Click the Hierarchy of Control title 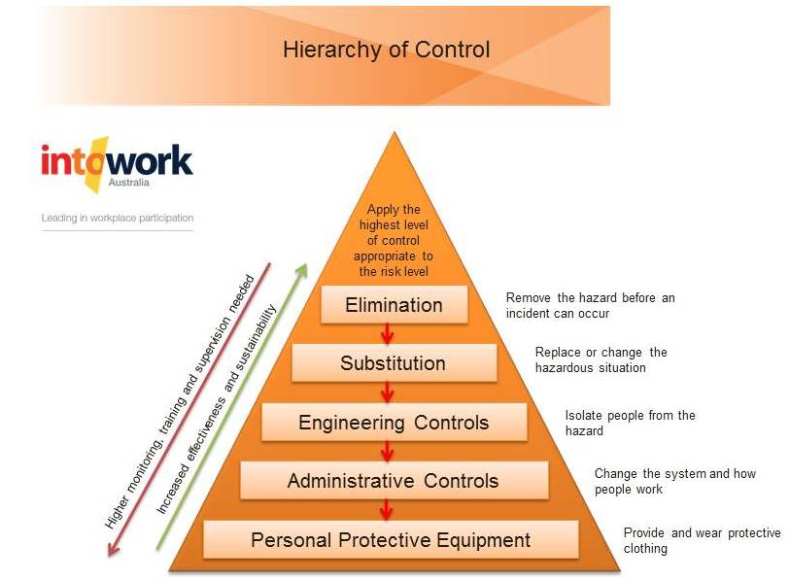(386, 50)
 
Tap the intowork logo (117, 165)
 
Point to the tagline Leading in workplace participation (118, 218)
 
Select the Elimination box (394, 305)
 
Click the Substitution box (394, 363)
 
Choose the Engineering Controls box (394, 423)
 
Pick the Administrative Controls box (394, 481)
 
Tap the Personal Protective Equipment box (391, 540)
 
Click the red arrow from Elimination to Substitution (387, 333)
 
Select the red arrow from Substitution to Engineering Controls (387, 392)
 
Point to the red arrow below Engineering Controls (387, 451)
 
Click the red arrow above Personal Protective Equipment (387, 509)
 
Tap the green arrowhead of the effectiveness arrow (301, 271)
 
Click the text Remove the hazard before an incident (590, 305)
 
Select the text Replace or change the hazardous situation (601, 359)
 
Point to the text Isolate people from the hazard (630, 423)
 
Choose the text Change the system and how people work (675, 481)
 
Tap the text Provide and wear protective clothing (702, 540)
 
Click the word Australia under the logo (129, 183)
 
